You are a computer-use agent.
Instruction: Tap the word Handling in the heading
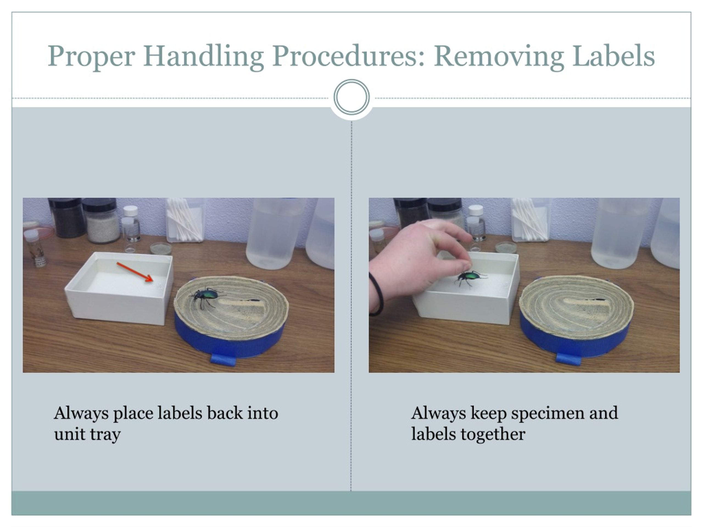tap(203, 57)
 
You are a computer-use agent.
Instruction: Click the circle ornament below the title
tap(351, 97)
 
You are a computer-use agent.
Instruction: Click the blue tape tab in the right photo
tap(568, 359)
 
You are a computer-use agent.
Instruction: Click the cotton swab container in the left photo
tap(185, 220)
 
